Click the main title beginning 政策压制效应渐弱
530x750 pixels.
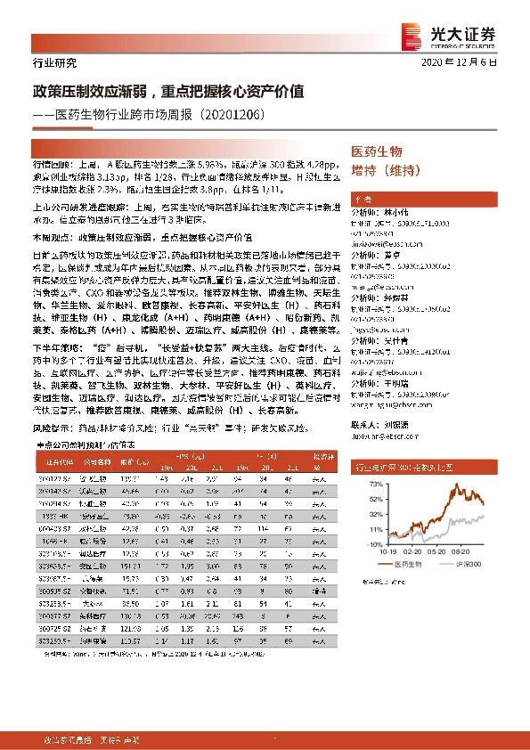point(169,91)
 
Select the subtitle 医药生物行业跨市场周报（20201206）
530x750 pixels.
point(160,115)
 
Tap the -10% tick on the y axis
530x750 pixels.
point(375,543)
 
